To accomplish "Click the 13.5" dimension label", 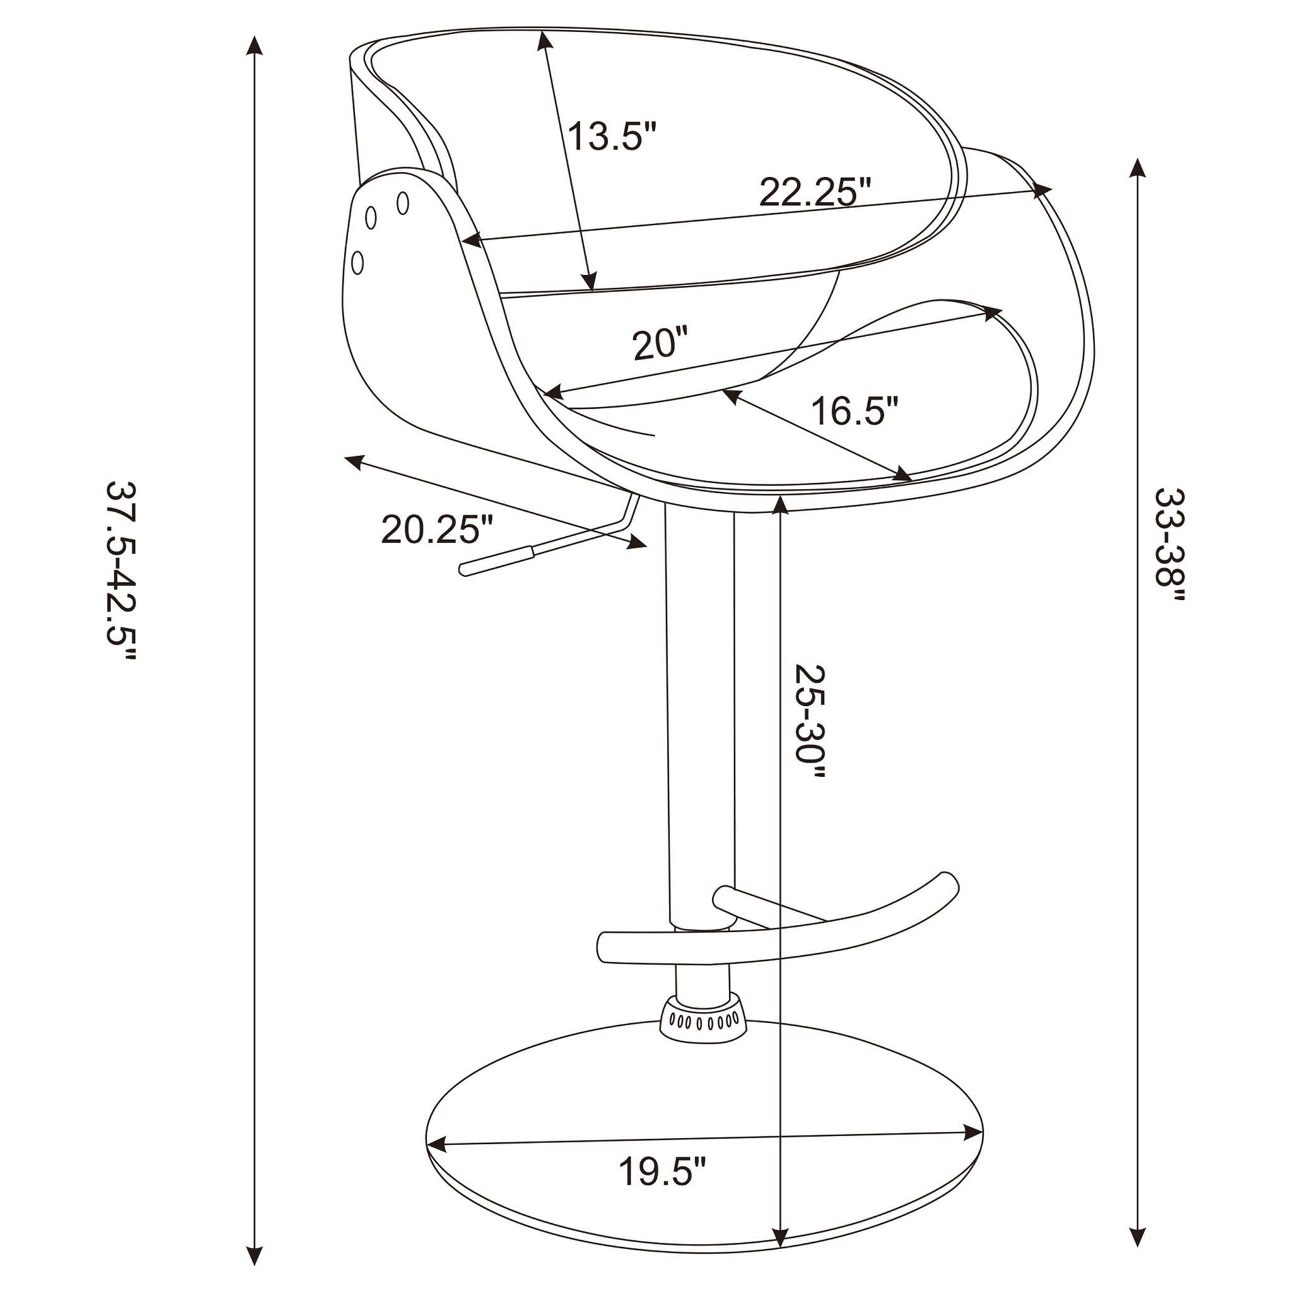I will click(x=612, y=137).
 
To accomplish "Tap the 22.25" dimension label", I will click(x=815, y=193).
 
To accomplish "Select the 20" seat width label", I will click(x=660, y=344).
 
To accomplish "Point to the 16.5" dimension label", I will click(x=854, y=411).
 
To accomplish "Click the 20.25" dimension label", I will click(x=437, y=531).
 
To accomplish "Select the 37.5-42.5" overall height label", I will click(x=121, y=572).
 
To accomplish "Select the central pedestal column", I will click(x=700, y=702).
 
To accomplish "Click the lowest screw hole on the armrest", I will click(x=358, y=262).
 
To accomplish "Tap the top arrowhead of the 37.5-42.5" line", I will click(x=254, y=45).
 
